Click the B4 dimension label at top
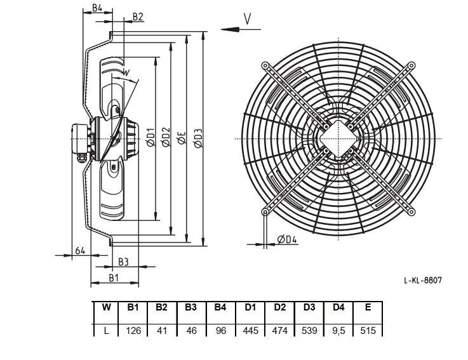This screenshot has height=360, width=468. [97, 8]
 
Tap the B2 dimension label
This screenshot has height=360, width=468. [138, 17]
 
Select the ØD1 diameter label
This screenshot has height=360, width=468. [151, 137]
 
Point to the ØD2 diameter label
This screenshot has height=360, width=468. [166, 137]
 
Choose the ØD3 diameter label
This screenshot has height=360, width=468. [198, 138]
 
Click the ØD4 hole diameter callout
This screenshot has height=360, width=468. [287, 239]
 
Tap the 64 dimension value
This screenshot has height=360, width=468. [79, 250]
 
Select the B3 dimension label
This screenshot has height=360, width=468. [123, 262]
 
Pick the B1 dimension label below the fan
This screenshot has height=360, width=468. [114, 278]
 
